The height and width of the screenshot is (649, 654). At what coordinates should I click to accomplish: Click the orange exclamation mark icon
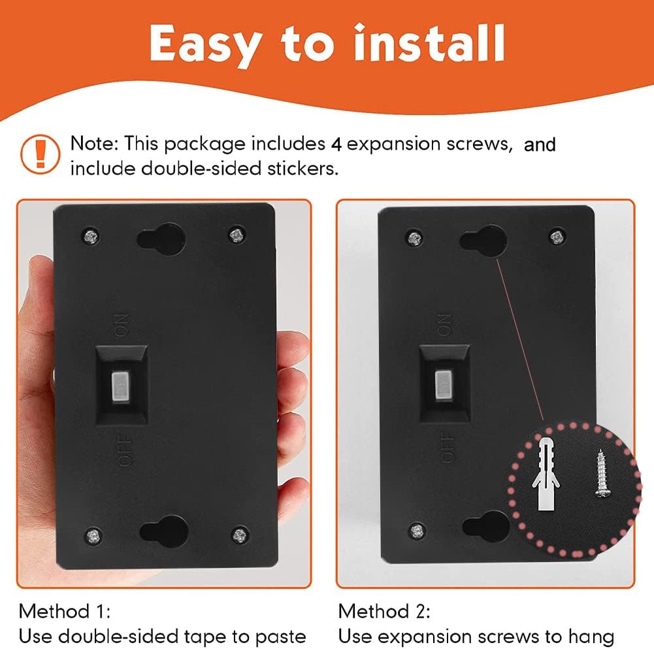40,154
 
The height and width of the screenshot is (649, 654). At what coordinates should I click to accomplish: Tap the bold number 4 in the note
336,144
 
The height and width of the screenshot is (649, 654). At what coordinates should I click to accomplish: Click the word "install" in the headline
430,42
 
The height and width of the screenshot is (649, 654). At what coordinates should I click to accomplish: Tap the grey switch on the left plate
120,388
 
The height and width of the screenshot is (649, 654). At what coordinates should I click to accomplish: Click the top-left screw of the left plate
90,236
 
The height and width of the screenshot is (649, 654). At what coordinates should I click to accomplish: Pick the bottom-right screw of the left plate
239,535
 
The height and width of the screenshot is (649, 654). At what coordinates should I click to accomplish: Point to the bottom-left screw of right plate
417,531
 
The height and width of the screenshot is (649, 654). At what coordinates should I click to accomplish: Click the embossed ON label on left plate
122,325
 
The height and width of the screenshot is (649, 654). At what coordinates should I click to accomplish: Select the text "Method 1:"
65,612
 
